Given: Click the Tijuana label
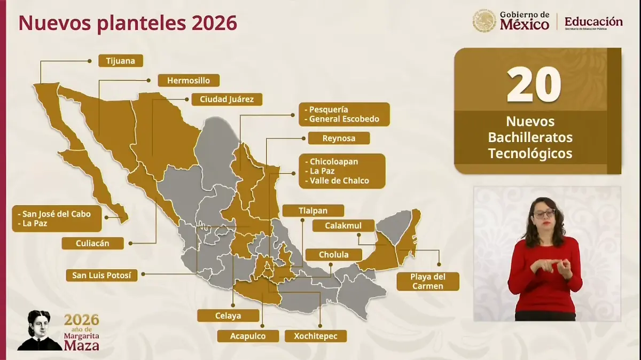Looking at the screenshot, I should (x=121, y=61).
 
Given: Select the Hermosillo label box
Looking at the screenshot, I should (x=189, y=81).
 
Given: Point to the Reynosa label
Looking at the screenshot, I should (x=339, y=138).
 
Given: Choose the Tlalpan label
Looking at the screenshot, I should (x=313, y=210).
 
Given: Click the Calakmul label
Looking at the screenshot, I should (x=343, y=225).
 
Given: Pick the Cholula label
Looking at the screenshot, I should (x=334, y=254).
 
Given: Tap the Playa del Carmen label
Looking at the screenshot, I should (x=427, y=281).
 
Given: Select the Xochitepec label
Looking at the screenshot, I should (x=316, y=336).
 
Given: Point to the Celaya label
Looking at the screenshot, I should (x=228, y=316).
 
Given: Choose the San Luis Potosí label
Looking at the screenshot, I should (x=101, y=276).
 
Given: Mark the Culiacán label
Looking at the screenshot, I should (x=92, y=243).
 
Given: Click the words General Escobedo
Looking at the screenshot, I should (x=343, y=119).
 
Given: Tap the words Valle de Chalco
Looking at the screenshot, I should (x=339, y=181).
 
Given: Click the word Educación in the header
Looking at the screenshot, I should (x=593, y=22).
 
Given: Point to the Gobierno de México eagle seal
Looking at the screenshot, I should (x=484, y=21).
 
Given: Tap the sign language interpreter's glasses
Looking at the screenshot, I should (x=544, y=213).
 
